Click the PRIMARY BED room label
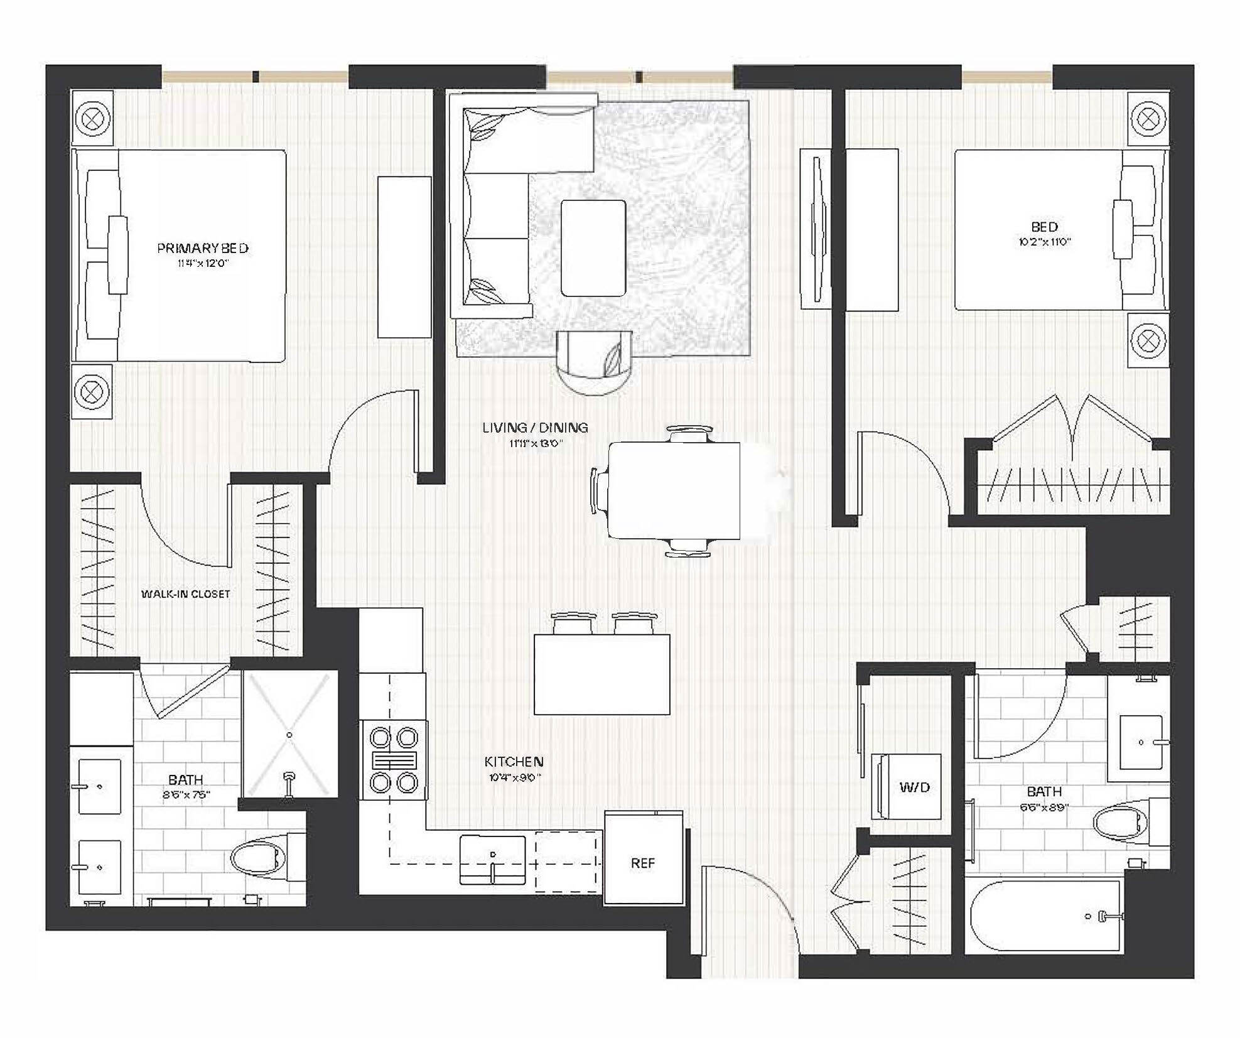point(202,248)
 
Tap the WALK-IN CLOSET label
point(185,593)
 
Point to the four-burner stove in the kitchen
point(393,759)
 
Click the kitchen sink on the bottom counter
point(492,858)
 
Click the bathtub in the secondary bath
point(1045,916)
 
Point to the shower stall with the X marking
point(289,734)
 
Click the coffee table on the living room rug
point(593,248)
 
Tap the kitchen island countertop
point(601,674)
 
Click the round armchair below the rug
point(595,362)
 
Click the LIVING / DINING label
point(535,428)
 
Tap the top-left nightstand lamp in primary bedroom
point(92,118)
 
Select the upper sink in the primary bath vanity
point(99,786)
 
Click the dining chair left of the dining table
point(599,491)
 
